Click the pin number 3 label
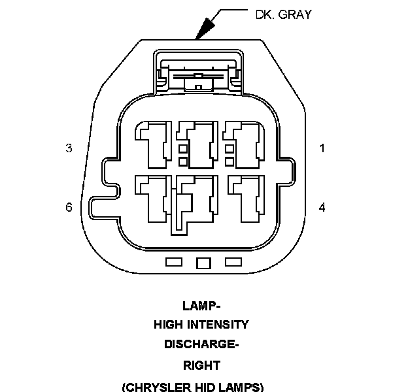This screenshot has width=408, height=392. coord(69,148)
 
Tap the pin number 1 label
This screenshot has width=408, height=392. coord(322,148)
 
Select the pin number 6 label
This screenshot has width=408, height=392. coord(69,207)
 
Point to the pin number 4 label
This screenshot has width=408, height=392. coord(322,207)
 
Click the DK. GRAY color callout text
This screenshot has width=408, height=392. coord(284,14)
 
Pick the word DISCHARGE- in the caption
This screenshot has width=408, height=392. coord(201,344)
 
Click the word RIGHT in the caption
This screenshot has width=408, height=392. coord(201,365)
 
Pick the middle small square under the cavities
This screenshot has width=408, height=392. coord(203,263)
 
